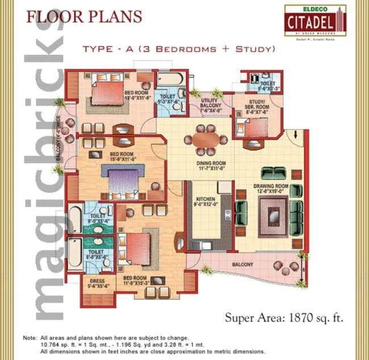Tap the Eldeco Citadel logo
(315, 21)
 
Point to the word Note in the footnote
(29, 338)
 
